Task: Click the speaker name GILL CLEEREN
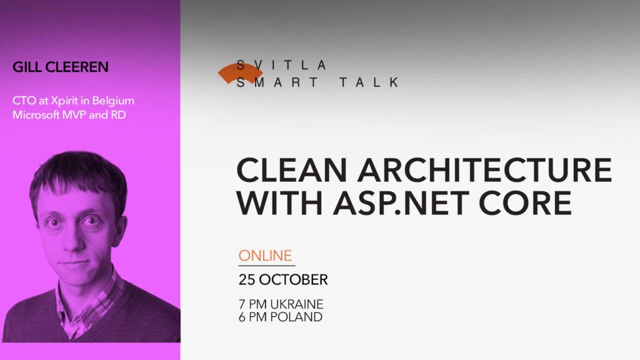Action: [60, 67]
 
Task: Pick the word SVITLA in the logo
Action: [282, 64]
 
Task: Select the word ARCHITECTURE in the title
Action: [472, 169]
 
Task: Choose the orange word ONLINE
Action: [266, 256]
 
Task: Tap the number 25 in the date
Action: [248, 279]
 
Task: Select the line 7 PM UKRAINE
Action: [281, 304]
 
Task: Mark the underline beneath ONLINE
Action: [266, 266]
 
